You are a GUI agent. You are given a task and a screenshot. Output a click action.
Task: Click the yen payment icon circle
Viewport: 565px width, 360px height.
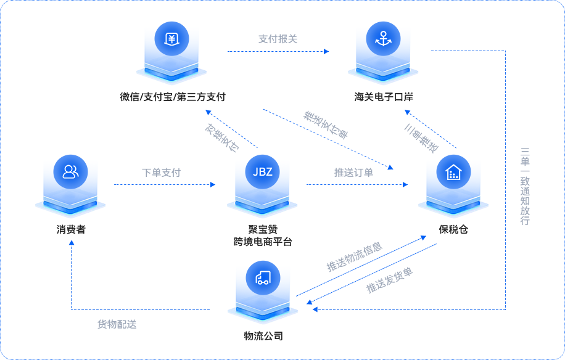(171, 39)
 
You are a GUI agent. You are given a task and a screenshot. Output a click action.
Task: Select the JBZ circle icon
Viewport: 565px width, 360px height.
(262, 171)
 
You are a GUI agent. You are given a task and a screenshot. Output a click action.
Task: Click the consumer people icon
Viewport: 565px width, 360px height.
(70, 171)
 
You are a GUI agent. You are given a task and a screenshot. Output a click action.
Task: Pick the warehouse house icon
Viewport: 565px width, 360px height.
(453, 171)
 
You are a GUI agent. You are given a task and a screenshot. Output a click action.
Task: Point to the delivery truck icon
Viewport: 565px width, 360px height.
(262, 277)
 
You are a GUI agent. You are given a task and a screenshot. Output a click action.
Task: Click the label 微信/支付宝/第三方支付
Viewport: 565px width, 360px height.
(173, 97)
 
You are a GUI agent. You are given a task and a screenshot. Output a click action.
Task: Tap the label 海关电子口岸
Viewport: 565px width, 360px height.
(383, 97)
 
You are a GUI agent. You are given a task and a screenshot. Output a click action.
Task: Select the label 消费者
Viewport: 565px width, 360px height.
(70, 229)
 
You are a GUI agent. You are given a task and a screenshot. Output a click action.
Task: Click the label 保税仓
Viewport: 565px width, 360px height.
(453, 229)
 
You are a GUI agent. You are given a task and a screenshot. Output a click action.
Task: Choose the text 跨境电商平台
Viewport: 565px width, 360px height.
(263, 242)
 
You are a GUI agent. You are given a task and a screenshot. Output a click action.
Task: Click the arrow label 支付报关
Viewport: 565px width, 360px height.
(278, 39)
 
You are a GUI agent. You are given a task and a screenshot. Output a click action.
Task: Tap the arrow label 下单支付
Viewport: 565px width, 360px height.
(161, 173)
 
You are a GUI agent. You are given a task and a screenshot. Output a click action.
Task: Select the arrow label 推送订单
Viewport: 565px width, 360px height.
(353, 173)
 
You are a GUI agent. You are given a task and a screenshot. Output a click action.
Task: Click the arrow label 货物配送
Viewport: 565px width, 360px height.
(117, 324)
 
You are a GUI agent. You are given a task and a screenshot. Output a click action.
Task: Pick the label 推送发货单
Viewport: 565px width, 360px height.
(390, 280)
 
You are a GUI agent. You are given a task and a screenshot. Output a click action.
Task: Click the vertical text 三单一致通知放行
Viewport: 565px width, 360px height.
(525, 186)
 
